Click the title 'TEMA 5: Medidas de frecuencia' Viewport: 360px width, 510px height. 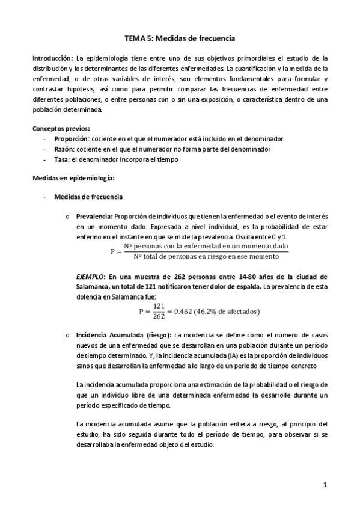click(x=179, y=38)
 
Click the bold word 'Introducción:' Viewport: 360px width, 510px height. click(x=52, y=58)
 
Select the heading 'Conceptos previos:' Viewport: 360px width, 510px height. click(x=61, y=128)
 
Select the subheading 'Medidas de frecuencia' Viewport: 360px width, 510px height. click(x=89, y=197)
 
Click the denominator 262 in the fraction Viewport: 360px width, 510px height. click(x=159, y=316)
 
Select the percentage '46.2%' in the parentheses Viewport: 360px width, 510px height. click(x=216, y=312)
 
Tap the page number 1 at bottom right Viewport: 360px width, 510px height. click(x=325, y=485)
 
